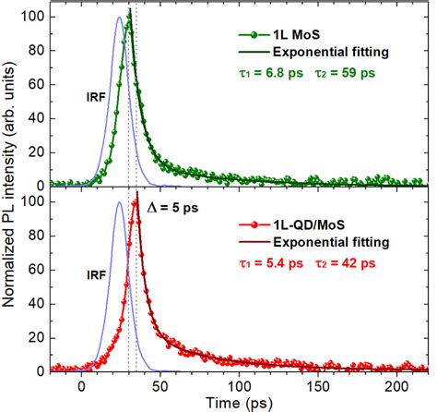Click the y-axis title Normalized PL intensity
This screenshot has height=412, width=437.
pos(12,194)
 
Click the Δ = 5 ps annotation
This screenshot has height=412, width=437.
pos(169,208)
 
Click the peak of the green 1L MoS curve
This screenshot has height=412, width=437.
pos(129,20)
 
